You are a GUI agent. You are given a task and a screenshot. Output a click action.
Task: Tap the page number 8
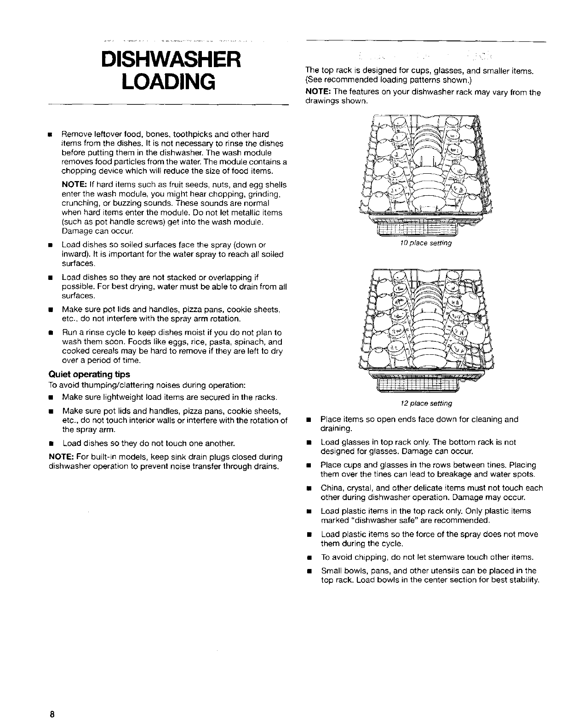tap(53, 715)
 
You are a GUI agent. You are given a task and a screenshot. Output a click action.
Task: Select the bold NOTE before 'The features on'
tap(317, 92)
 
